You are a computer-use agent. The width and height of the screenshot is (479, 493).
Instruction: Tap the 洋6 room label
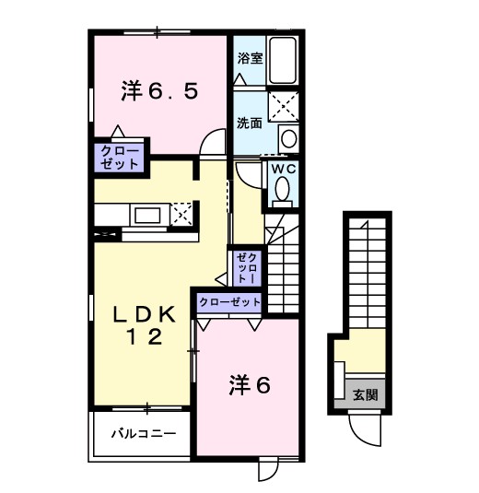pyautogui.click(x=249, y=387)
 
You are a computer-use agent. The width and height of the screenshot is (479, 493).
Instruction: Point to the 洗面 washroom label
pyautogui.click(x=250, y=123)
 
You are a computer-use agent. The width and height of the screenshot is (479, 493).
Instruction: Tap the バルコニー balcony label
pyautogui.click(x=138, y=431)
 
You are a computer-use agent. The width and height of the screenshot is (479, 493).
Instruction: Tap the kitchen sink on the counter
pyautogui.click(x=147, y=216)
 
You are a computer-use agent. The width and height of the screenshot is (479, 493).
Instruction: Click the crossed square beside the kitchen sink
pyautogui.click(x=181, y=214)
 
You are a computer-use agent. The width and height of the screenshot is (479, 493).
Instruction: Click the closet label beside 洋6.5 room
pyautogui.click(x=118, y=158)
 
